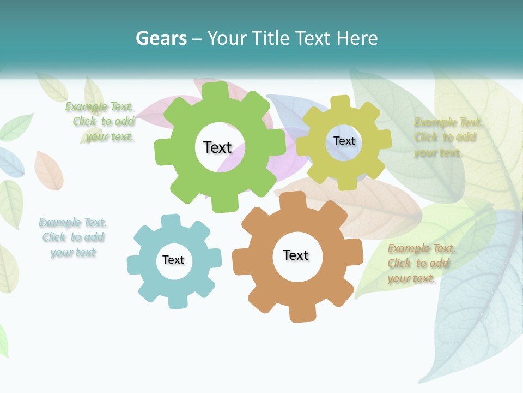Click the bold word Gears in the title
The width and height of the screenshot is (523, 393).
click(161, 38)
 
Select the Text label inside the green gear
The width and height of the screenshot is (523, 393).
click(217, 147)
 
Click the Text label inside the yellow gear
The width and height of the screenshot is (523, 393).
click(344, 141)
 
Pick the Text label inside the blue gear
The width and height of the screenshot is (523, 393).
click(173, 260)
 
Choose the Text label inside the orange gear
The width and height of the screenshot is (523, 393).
click(296, 255)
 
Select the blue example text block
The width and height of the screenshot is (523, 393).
click(73, 237)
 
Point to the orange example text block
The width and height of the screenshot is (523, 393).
click(421, 263)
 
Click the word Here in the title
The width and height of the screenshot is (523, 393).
click(357, 38)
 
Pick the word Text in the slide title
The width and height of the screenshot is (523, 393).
click(314, 38)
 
